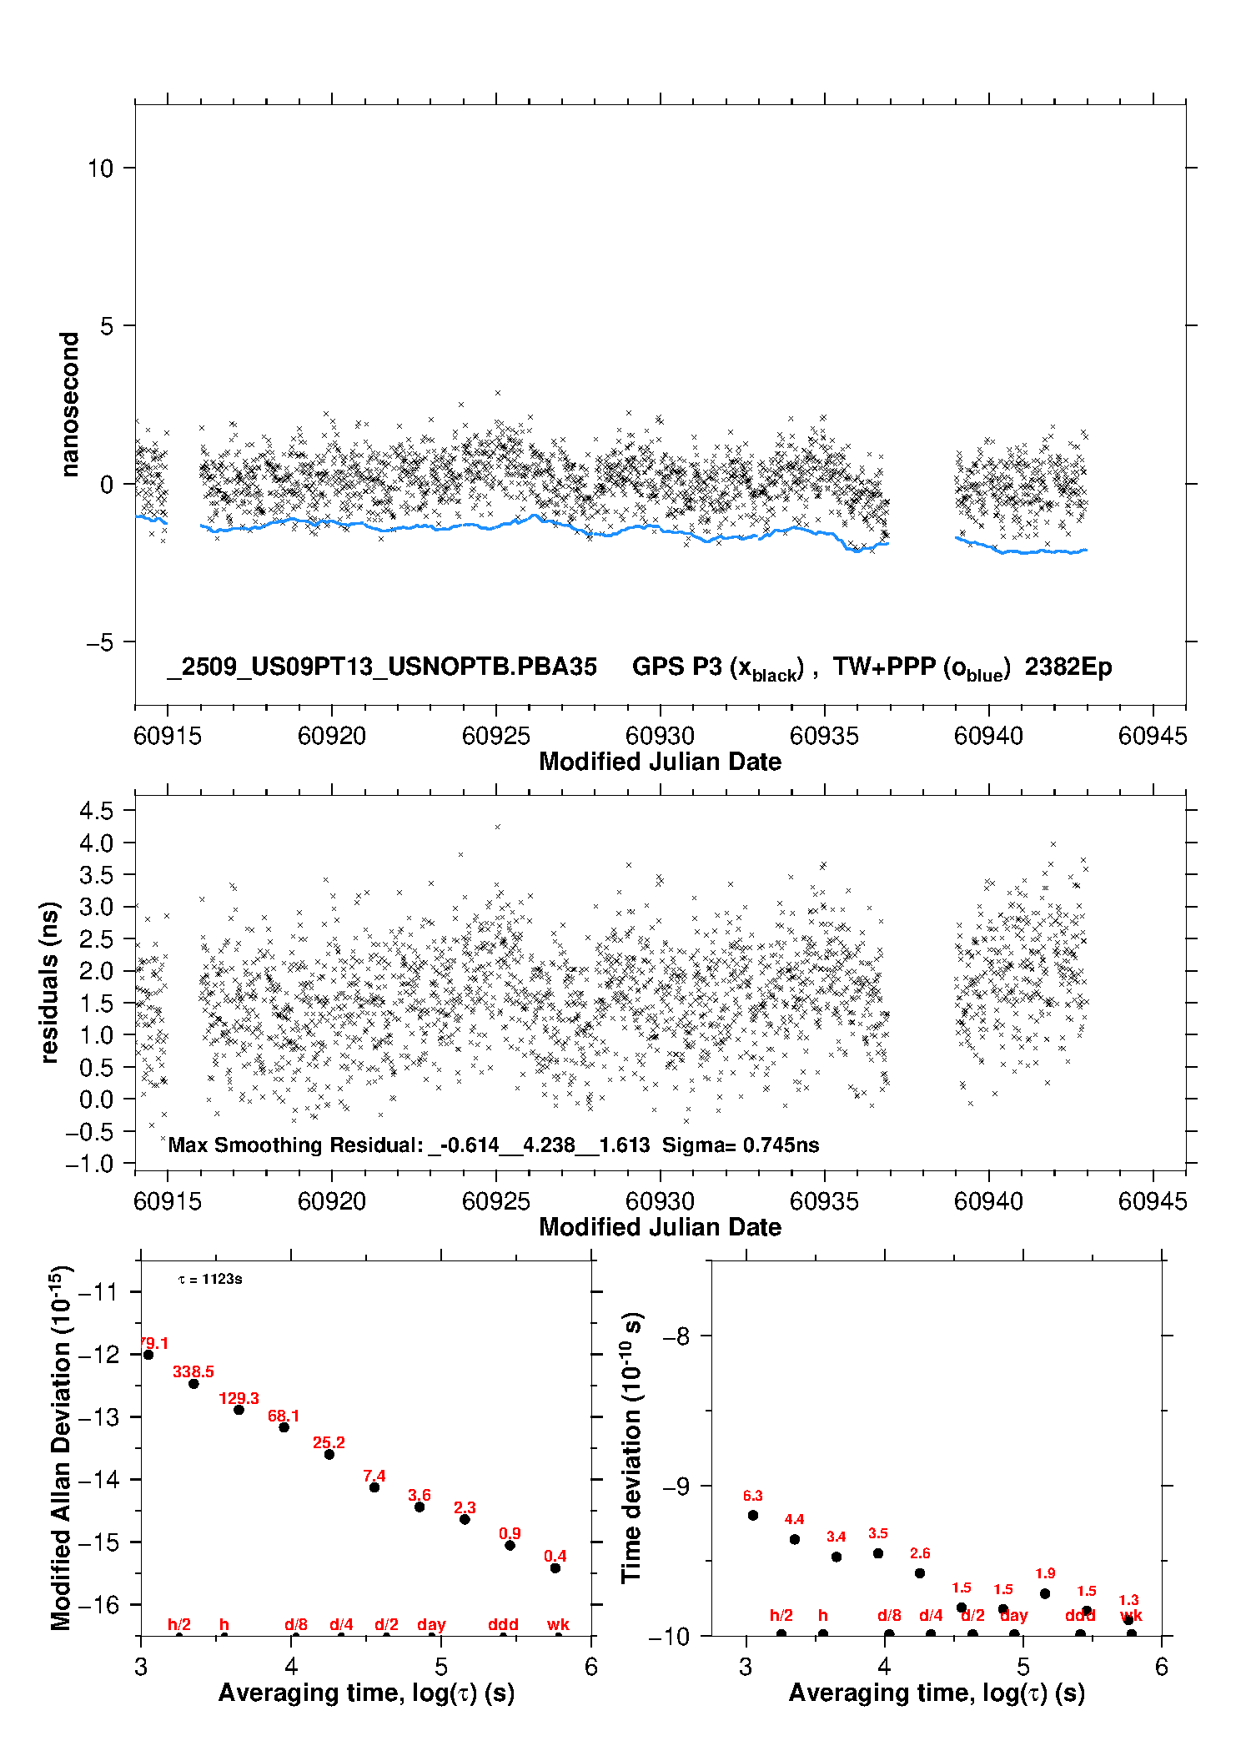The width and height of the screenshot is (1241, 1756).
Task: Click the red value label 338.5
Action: click(193, 1371)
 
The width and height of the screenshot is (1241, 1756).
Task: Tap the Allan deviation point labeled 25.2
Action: click(329, 1454)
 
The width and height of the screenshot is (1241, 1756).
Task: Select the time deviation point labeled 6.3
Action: click(753, 1515)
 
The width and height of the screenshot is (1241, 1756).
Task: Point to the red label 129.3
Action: click(239, 1399)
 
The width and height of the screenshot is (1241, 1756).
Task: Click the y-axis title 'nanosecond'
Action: click(69, 405)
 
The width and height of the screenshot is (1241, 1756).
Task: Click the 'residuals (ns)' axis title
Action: click(50, 982)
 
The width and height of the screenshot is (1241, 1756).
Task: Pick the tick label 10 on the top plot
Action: click(100, 169)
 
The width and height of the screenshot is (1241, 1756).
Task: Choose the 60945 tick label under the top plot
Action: click(1152, 737)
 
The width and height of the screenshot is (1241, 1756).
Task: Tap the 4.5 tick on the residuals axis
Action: click(96, 810)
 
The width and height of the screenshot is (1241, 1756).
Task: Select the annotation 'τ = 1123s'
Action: click(210, 1280)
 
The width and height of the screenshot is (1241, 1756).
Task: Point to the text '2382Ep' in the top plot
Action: click(1068, 667)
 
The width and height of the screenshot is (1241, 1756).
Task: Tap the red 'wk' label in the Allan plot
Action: click(558, 1624)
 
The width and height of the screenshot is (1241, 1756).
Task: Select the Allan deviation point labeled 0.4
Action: click(555, 1568)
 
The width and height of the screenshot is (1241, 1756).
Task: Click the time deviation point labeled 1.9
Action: click(1045, 1593)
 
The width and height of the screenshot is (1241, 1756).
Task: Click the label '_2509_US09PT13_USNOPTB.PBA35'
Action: click(382, 667)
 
